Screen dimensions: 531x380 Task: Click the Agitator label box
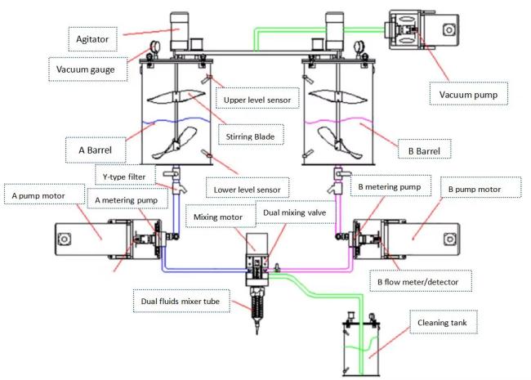(93, 39)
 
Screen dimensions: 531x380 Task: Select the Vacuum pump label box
(469, 94)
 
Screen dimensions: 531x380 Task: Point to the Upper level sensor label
(257, 99)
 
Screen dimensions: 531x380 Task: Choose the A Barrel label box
(95, 150)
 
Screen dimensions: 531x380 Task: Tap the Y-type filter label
(125, 176)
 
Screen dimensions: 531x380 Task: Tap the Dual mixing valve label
(295, 212)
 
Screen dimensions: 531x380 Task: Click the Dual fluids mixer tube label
(181, 301)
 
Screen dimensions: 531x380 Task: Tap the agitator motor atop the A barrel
(179, 31)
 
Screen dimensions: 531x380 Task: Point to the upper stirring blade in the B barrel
(337, 96)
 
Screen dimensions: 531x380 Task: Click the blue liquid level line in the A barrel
(176, 121)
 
